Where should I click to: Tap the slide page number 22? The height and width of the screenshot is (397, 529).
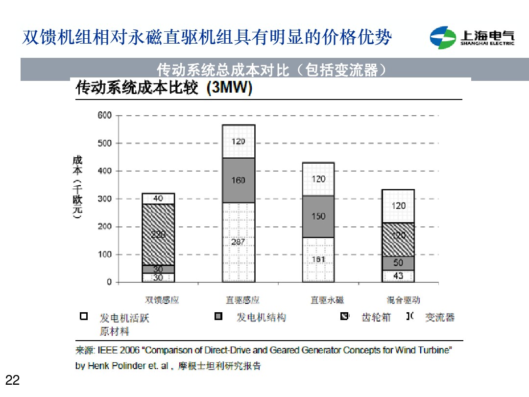coord(12,380)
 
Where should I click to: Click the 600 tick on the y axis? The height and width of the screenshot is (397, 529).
coord(104,116)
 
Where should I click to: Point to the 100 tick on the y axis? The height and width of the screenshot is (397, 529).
coord(104,254)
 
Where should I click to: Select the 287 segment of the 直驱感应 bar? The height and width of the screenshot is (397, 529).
coord(239,242)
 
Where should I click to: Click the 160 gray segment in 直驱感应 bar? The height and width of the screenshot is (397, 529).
coord(239,180)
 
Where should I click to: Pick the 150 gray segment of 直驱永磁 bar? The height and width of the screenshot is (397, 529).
coord(318,216)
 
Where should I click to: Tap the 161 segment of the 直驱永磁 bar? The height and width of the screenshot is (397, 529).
coord(318,259)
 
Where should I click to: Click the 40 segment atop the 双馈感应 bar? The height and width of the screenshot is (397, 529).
coord(158,198)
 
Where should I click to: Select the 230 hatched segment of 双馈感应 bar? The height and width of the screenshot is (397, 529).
coord(158,234)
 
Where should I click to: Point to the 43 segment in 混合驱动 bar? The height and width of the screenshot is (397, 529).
coord(398,276)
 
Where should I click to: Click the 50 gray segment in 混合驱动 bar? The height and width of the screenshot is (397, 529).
coord(398,263)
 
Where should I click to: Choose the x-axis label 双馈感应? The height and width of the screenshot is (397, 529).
coord(162,300)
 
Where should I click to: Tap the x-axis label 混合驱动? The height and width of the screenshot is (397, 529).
coord(403,300)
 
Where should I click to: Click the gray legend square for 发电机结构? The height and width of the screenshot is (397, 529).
coord(219,317)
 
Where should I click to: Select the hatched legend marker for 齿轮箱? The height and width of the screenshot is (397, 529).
coord(344,317)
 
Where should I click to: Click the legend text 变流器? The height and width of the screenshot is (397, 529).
coord(439,318)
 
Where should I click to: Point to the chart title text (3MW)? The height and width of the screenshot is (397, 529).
coord(229,88)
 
